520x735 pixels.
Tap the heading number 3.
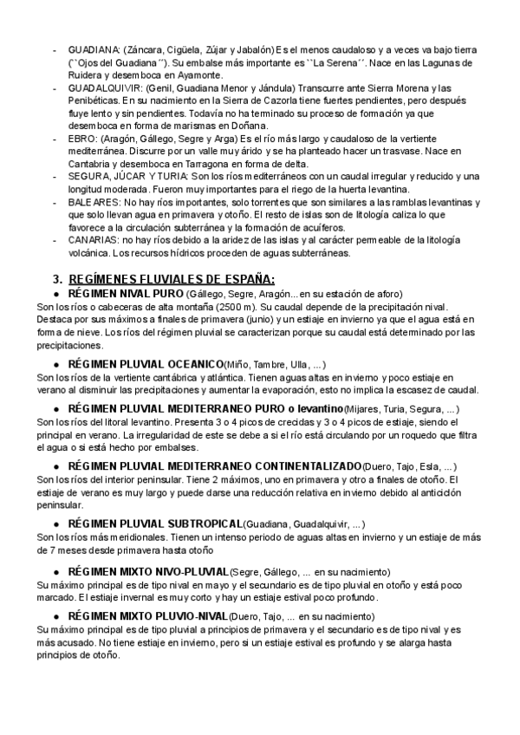pyautogui.click(x=57, y=279)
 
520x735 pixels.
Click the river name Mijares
pyautogui.click(x=361, y=408)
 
